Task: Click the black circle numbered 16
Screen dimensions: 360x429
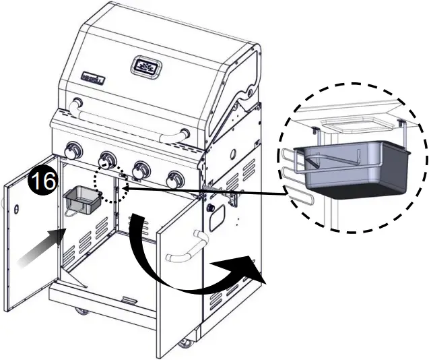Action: pyautogui.click(x=40, y=181)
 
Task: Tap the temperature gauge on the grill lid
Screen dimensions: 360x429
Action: pyautogui.click(x=147, y=67)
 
